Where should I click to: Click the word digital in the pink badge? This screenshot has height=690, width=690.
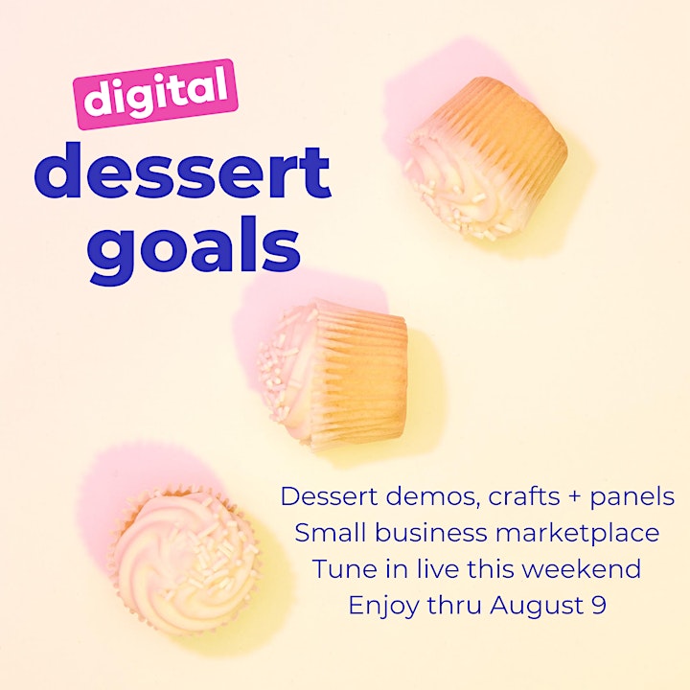[x=156, y=94]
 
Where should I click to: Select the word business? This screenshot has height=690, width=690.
[x=431, y=533]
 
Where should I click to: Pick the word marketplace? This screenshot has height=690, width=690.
[x=577, y=534]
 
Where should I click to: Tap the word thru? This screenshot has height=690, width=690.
[x=454, y=605]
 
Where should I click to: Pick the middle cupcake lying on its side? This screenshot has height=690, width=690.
[x=333, y=375]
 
